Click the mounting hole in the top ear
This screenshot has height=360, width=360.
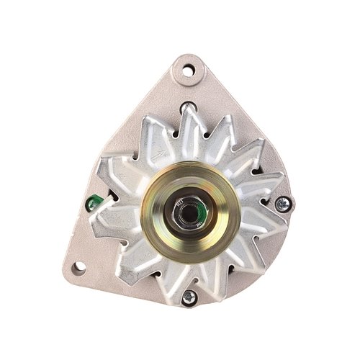188,71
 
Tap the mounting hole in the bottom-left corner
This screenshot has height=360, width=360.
78,267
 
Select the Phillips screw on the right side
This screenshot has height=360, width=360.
281,204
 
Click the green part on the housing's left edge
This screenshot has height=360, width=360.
91,204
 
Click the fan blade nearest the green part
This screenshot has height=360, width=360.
108,209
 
